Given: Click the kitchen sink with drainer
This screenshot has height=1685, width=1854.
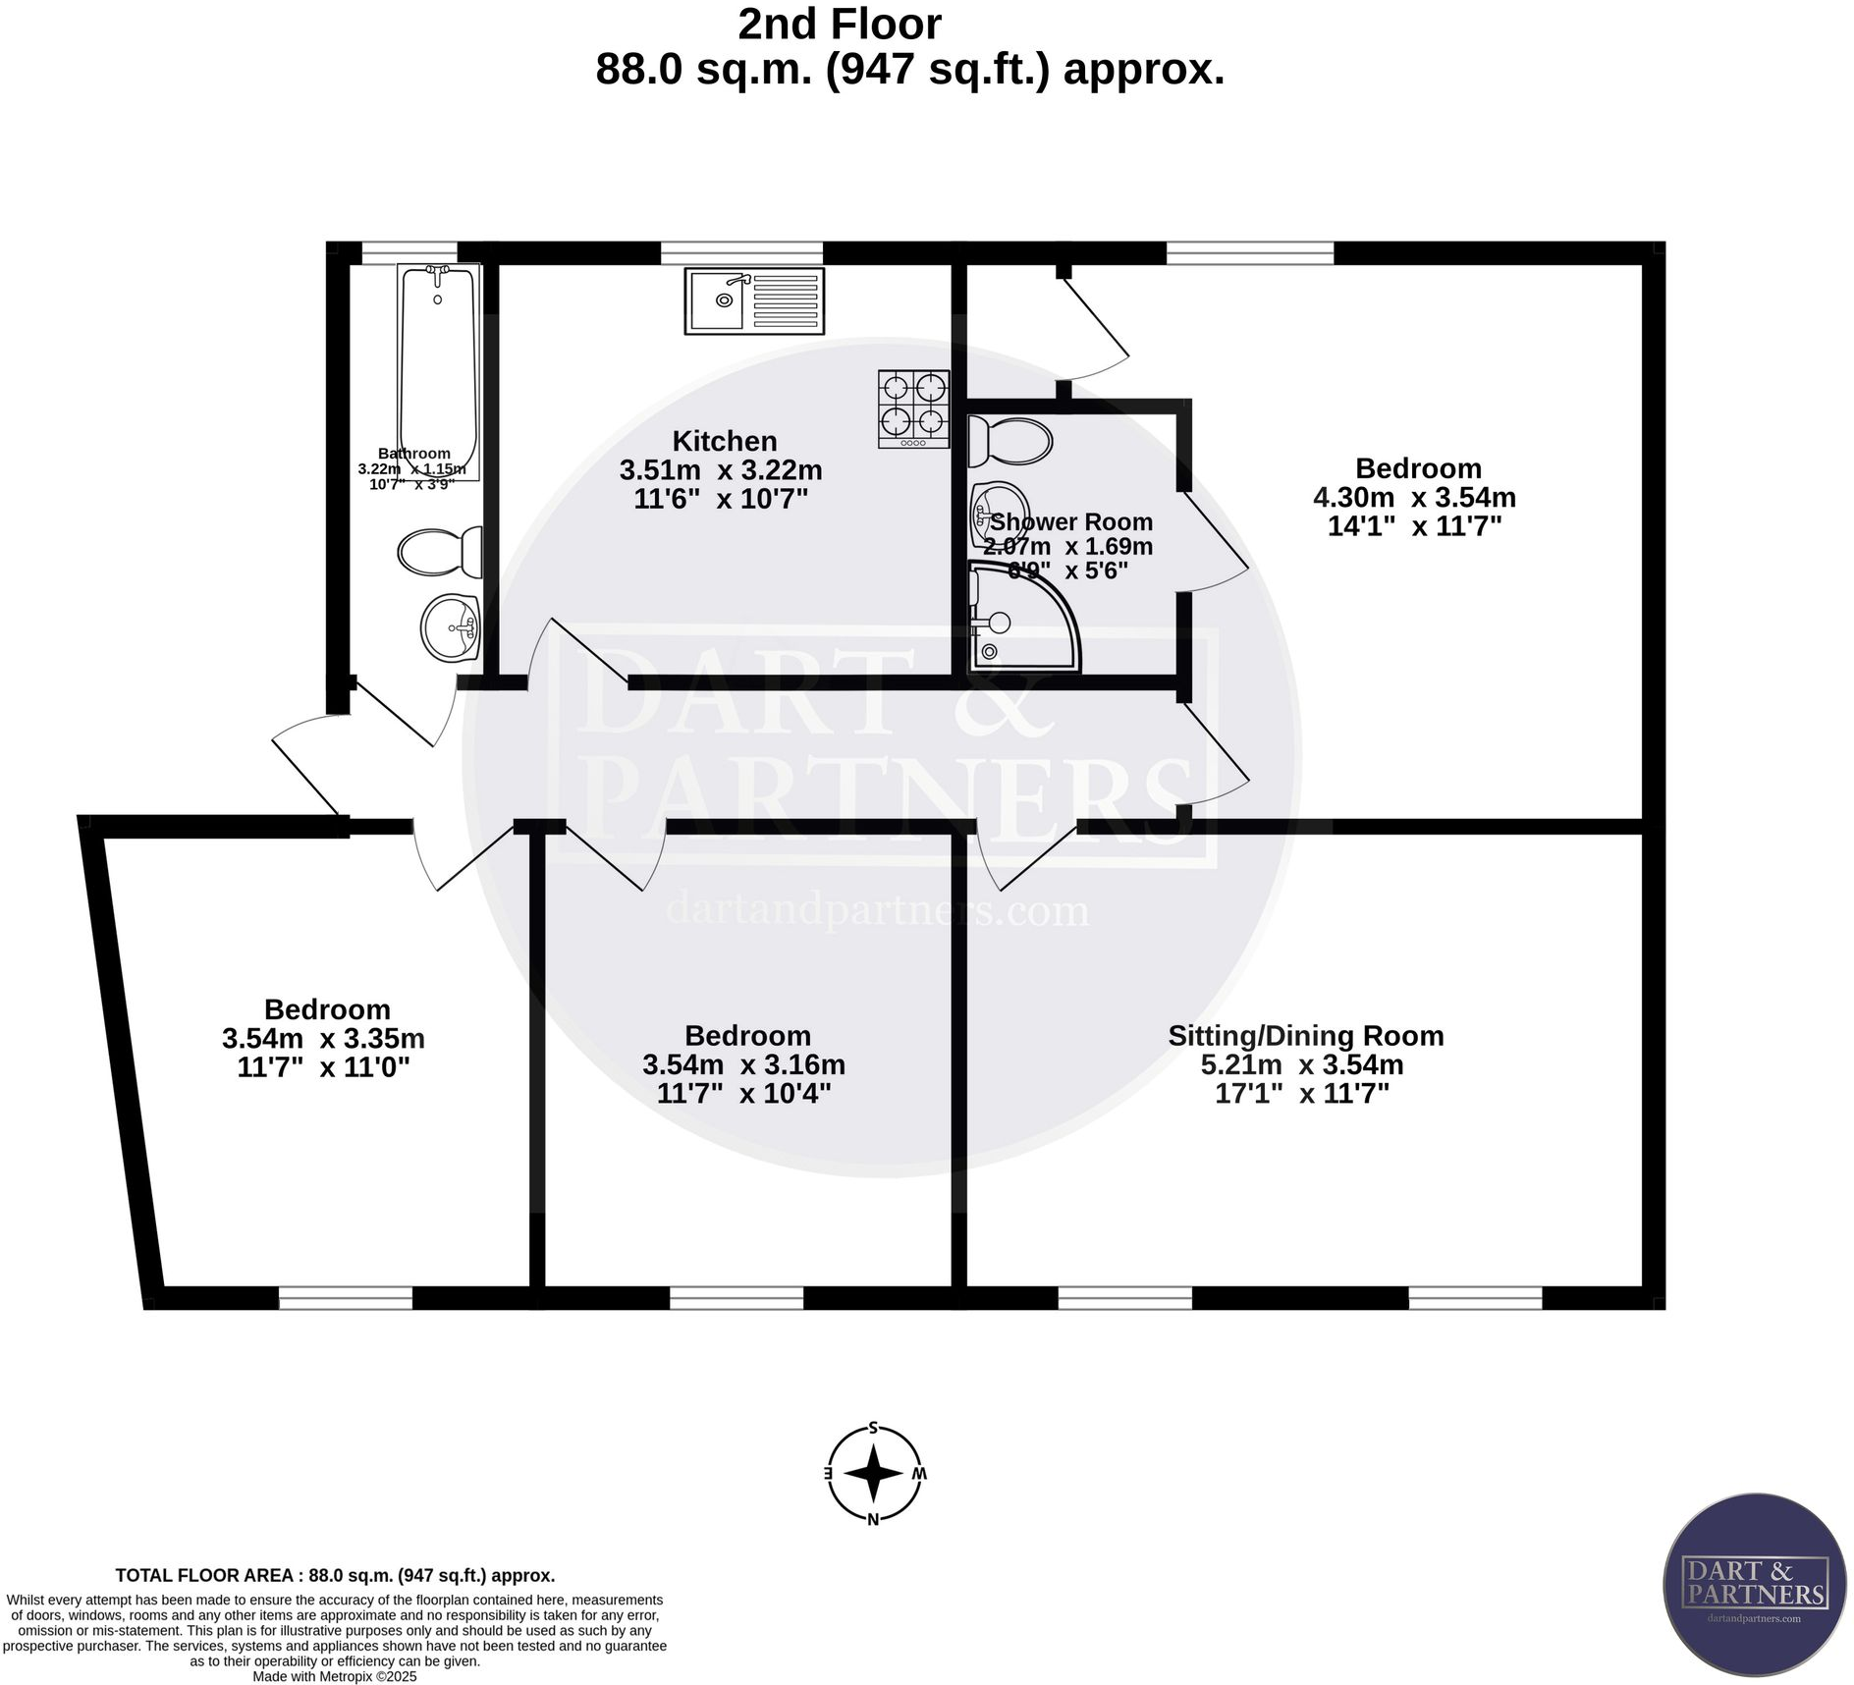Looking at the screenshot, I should (754, 300).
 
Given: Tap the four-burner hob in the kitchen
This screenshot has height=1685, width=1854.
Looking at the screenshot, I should (913, 408).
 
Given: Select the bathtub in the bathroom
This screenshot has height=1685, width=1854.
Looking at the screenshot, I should (438, 368).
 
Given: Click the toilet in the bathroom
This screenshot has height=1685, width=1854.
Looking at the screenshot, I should (440, 552).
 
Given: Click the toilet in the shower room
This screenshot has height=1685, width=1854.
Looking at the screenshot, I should (1009, 442).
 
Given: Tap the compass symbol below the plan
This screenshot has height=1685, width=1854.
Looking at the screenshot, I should (874, 1473).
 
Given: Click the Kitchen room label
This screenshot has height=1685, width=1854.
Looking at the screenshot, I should (725, 441).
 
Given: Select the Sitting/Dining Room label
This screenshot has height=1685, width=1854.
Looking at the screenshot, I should (1305, 1036).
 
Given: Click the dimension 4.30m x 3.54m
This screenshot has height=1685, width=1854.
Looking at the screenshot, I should (1414, 498).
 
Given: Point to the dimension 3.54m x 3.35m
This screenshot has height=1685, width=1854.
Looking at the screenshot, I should (323, 1038).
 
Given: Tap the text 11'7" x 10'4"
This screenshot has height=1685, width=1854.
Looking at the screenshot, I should (743, 1094).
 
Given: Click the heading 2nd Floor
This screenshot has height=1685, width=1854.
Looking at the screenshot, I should (840, 24).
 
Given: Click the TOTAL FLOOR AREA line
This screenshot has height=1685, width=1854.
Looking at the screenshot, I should (335, 1575).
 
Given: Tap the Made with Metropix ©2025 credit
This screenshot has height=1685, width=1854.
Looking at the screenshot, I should (335, 1676).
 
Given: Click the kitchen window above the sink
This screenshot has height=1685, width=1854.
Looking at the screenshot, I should (741, 253).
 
